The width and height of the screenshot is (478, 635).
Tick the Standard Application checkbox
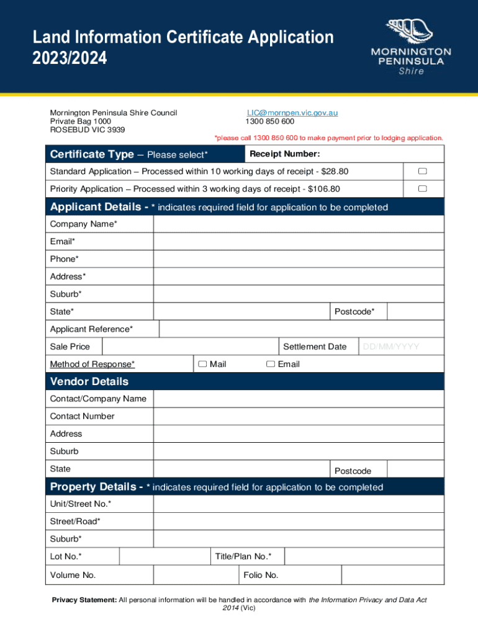(422, 171)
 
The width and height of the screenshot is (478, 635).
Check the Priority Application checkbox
(422, 189)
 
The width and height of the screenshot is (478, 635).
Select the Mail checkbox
(202, 364)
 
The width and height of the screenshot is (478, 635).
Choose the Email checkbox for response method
(271, 364)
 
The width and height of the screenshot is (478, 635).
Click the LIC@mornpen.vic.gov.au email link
(292, 113)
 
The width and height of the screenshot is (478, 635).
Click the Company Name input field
(299, 224)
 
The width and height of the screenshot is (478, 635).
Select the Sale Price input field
(190, 347)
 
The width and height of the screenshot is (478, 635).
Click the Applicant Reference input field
(302, 329)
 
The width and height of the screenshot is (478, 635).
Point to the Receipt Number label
(284, 154)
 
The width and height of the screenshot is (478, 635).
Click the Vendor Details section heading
(89, 381)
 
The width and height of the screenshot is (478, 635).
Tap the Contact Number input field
(299, 416)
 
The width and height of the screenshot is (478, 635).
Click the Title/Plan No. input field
(364, 557)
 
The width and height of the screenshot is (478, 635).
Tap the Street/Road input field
(299, 522)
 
